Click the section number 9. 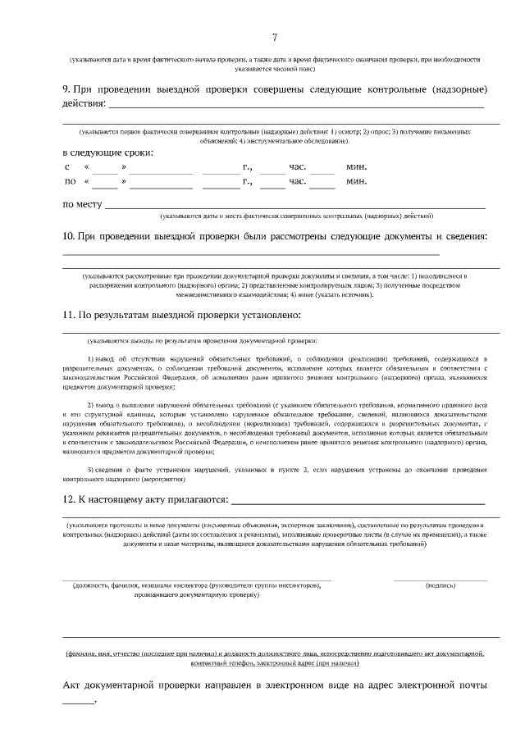click(x=66, y=89)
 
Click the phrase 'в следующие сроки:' click(x=107, y=152)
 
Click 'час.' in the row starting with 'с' click(x=297, y=167)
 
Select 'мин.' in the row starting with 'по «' click(x=356, y=181)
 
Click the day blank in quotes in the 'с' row click(x=105, y=169)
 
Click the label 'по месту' click(x=82, y=204)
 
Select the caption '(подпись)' click(x=441, y=585)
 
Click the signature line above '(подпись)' click(x=441, y=579)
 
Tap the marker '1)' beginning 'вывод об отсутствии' click(x=90, y=359)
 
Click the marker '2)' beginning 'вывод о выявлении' click(x=90, y=405)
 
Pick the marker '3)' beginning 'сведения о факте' click(x=90, y=469)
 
